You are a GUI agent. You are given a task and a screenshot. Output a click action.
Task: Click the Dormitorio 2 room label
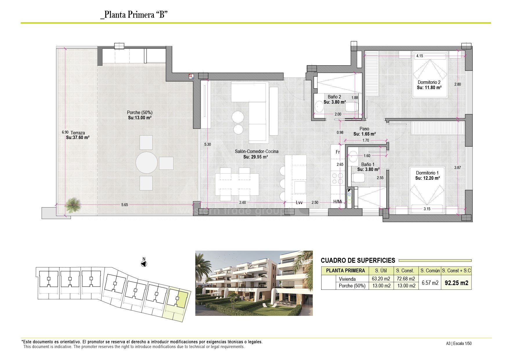(429, 82)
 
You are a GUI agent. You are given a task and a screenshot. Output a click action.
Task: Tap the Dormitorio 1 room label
(427, 173)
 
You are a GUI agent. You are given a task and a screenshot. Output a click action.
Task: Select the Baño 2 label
(334, 97)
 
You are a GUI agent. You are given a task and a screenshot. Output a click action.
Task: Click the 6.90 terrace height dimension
(65, 132)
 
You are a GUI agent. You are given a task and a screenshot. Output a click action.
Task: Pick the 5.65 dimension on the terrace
(124, 205)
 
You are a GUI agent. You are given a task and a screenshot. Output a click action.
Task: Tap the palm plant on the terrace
(73, 204)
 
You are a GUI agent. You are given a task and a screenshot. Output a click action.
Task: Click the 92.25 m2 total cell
(456, 283)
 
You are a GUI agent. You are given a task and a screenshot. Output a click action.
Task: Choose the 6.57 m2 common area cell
(430, 282)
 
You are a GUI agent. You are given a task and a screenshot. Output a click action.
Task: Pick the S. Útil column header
(381, 271)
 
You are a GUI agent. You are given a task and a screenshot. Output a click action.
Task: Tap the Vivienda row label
(347, 279)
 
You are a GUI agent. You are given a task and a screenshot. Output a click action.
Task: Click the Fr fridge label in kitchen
(338, 152)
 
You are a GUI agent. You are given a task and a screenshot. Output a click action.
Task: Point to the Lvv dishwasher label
(299, 202)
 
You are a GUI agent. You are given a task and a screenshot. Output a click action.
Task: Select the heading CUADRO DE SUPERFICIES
(358, 260)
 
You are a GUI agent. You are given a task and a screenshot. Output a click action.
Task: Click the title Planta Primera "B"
(134, 15)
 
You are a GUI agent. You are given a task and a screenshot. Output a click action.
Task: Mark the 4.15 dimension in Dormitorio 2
(420, 56)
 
